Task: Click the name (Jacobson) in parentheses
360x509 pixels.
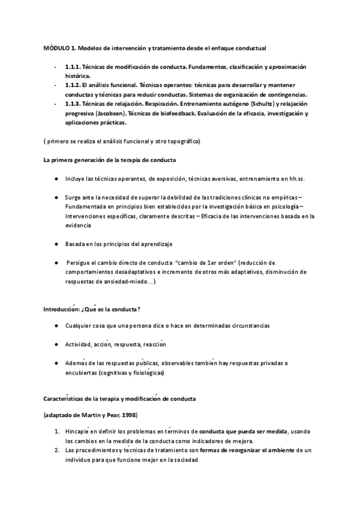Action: pyautogui.click(x=106, y=113)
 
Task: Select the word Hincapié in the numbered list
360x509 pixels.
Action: pyautogui.click(x=81, y=432)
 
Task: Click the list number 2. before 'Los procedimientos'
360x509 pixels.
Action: pyautogui.click(x=56, y=451)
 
